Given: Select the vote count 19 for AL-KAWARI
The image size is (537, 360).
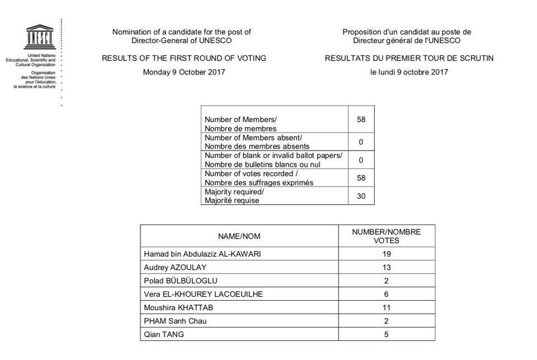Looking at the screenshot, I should (x=387, y=254).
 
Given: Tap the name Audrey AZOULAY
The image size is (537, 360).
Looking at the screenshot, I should (x=175, y=267).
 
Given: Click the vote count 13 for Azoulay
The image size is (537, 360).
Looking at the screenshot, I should (x=387, y=267).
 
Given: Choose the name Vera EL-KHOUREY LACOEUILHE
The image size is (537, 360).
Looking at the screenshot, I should (x=203, y=294).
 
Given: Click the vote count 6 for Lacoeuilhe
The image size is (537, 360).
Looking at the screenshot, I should (x=387, y=294).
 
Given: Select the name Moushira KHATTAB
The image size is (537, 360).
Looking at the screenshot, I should (x=178, y=307).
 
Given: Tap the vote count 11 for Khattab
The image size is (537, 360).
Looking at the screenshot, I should (x=387, y=307).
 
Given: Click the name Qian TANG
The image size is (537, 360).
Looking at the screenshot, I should (x=164, y=334).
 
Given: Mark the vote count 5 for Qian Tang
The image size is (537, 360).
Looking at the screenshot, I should (x=387, y=334).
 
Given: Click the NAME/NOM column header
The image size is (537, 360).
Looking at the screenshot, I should (x=239, y=236).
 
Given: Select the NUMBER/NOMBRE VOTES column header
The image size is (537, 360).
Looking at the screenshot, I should (x=387, y=236).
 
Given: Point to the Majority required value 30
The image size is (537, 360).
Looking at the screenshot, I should (x=361, y=196).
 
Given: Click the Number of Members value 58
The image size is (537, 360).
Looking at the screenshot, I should (x=361, y=119).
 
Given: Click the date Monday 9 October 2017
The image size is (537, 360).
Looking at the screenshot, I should (x=184, y=72).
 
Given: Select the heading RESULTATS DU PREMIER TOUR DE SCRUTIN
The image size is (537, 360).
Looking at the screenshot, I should (x=409, y=58).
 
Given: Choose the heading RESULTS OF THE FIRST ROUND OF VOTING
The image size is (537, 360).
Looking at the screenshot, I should (x=184, y=58).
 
